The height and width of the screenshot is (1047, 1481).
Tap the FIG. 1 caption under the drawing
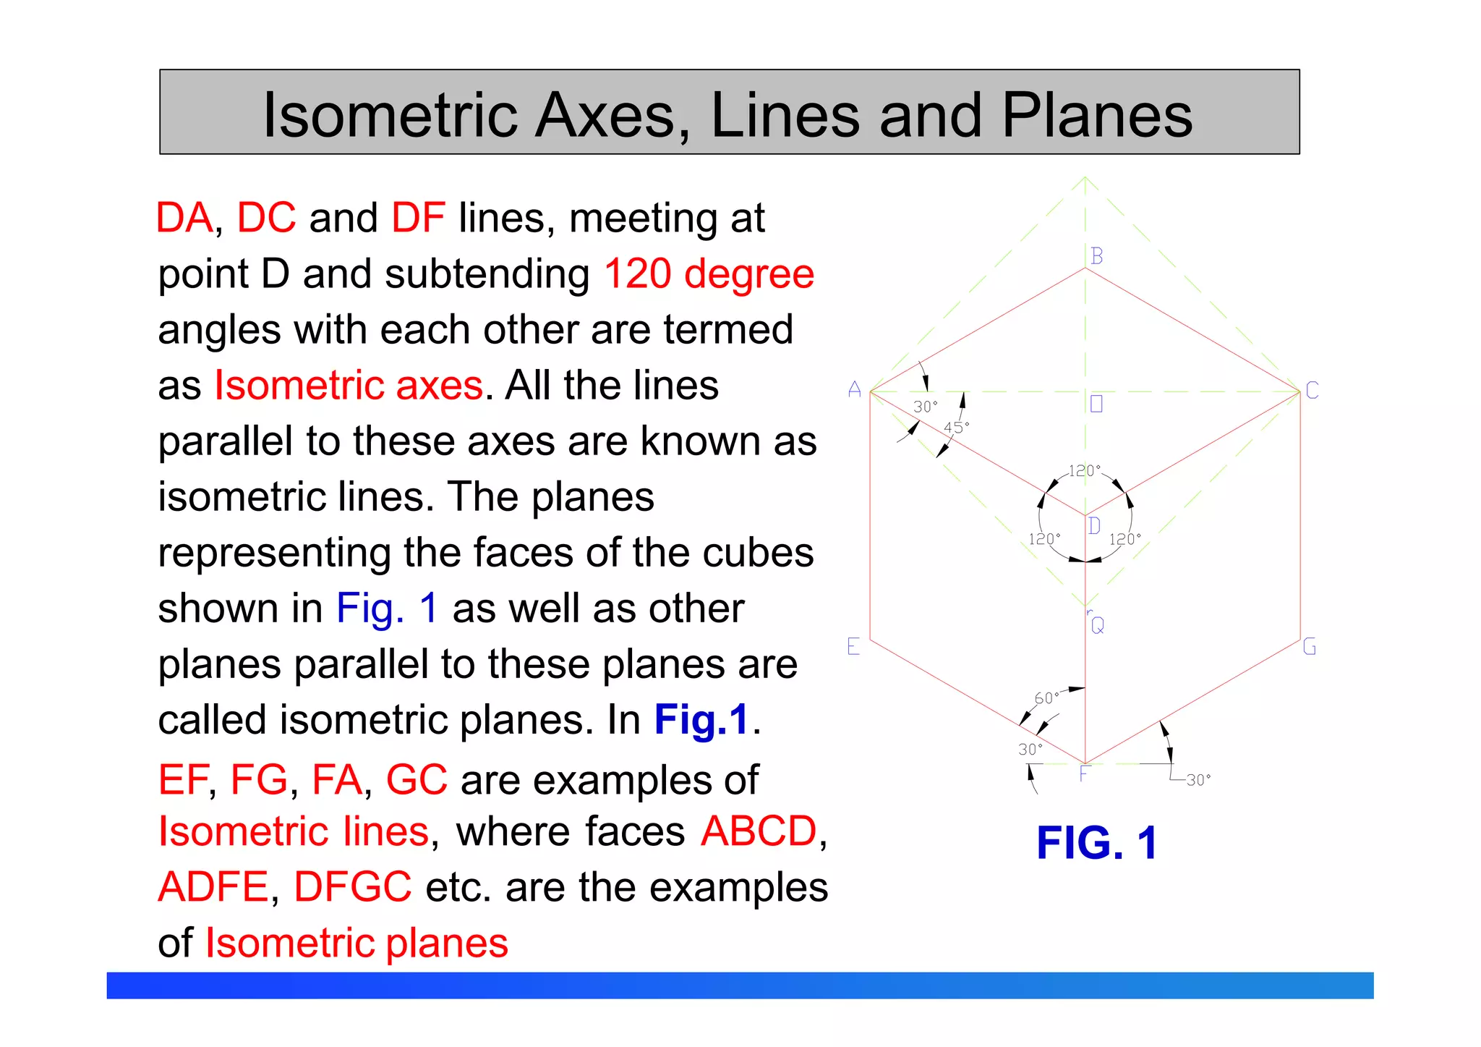(1096, 843)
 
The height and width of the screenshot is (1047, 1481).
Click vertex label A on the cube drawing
(855, 390)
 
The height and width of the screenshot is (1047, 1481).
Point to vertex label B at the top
(1097, 256)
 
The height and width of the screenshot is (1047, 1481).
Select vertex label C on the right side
(1312, 391)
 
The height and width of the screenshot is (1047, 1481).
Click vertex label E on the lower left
(853, 646)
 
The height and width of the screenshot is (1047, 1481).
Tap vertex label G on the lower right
(1310, 646)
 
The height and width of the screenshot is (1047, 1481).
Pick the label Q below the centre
(1098, 625)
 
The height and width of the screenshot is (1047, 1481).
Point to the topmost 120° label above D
(1084, 471)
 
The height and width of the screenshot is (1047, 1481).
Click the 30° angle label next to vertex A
(925, 407)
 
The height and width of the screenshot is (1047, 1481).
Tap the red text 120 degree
(709, 274)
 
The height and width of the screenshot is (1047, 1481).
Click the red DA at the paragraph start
(185, 218)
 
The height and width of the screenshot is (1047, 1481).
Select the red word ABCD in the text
(759, 831)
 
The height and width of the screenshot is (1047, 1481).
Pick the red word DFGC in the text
(353, 887)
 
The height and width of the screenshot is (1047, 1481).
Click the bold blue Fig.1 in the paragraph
(701, 720)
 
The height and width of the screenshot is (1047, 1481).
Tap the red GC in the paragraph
(417, 780)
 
